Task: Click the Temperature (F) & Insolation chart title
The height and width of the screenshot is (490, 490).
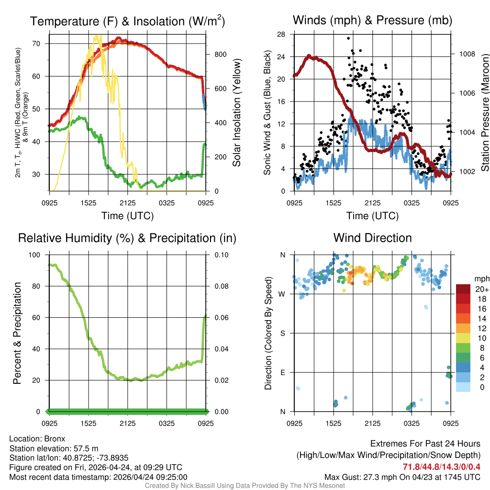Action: pos(127,22)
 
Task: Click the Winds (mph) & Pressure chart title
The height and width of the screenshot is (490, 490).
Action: pos(372,20)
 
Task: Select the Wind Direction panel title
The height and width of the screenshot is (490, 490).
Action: pos(372,238)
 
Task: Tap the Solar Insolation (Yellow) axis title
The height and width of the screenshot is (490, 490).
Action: pos(237,113)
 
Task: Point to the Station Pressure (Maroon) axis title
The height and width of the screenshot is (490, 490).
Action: pos(484,113)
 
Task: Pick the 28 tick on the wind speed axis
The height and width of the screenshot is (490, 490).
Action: pos(281,34)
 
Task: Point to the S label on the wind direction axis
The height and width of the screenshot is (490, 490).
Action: pos(282,333)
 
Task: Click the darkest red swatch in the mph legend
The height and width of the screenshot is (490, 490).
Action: pos(464,289)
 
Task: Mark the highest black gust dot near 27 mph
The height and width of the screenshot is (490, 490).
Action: pos(348,38)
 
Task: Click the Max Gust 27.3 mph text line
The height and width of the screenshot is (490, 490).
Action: pos(402,477)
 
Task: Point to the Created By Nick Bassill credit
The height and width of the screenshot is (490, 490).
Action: pos(245,486)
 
